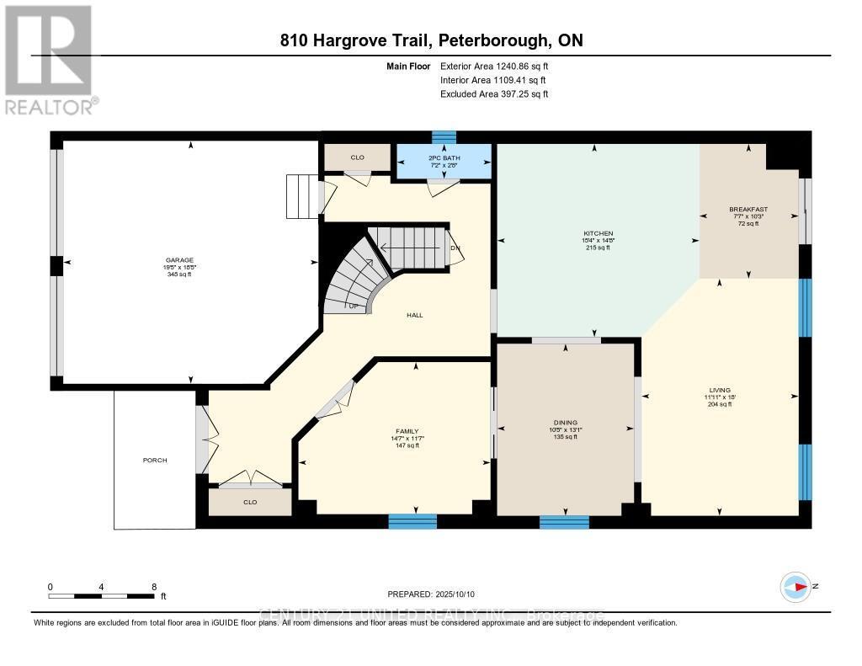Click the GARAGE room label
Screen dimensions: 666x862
tap(178, 260)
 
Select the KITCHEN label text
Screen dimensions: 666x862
tap(599, 233)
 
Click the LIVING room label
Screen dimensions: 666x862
tap(719, 390)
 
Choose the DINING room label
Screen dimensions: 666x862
tap(565, 423)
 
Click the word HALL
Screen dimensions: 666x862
tap(414, 315)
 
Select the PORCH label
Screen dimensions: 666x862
tap(155, 461)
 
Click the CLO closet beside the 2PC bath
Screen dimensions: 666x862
tap(358, 157)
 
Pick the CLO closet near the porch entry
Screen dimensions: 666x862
tap(250, 502)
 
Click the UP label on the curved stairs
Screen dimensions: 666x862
tap(354, 306)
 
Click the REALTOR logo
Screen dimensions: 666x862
tap(51, 59)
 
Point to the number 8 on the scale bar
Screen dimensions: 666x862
tap(153, 587)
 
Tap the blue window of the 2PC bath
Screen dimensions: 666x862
tap(444, 136)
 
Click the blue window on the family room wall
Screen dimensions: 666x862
tap(412, 521)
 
